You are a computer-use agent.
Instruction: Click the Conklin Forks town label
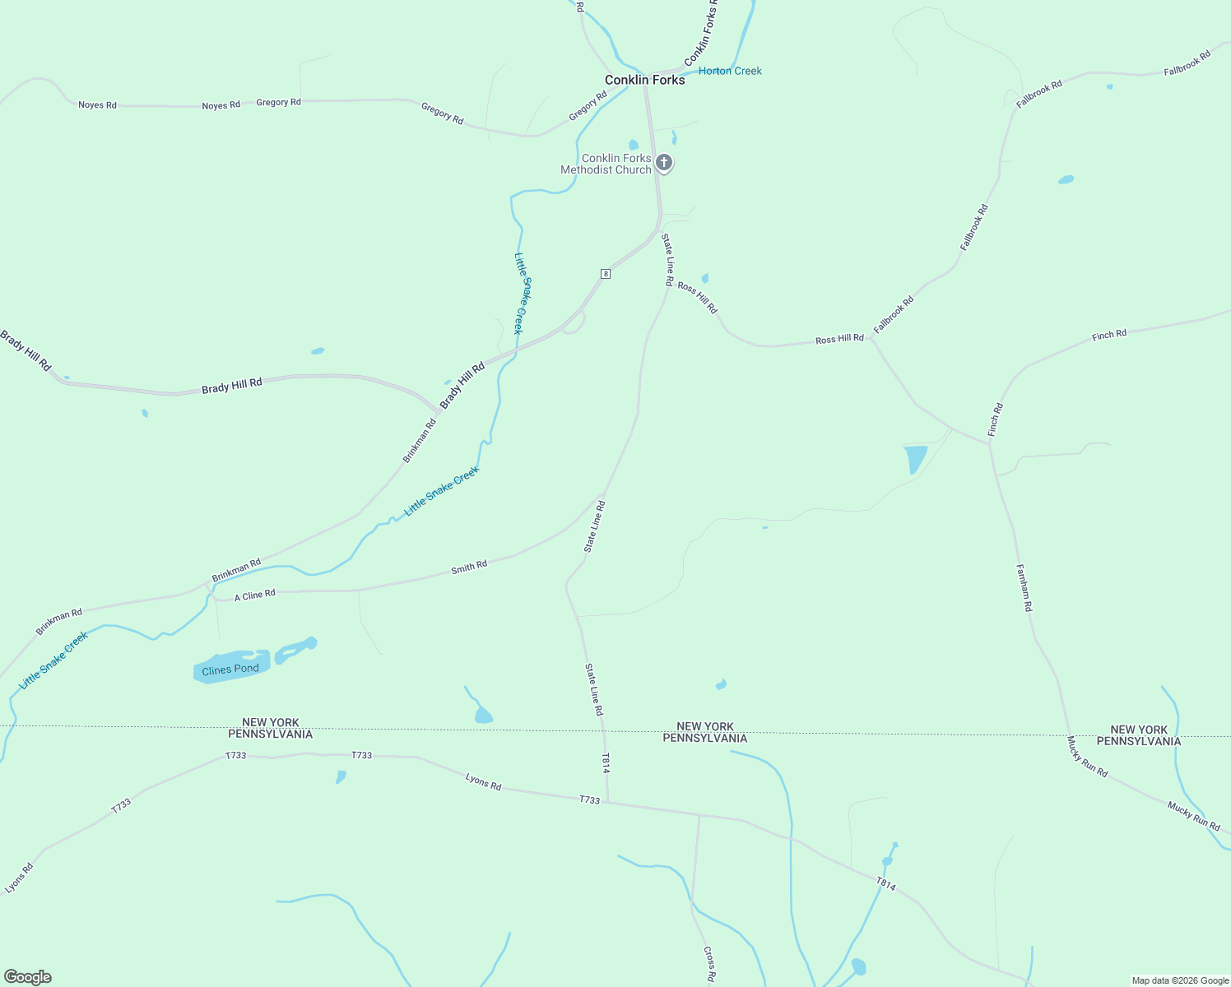[x=644, y=80]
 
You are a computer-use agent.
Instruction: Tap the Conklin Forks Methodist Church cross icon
[x=664, y=163]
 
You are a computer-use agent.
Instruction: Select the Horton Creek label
[x=730, y=71]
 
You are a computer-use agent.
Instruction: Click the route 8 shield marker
[x=606, y=274]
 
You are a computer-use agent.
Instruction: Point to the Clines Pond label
[x=230, y=670]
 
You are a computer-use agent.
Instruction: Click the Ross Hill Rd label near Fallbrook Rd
[x=839, y=339]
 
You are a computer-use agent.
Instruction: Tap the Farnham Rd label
[x=1024, y=587]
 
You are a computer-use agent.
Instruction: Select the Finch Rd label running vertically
[x=996, y=419]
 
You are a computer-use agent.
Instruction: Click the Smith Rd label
[x=469, y=567]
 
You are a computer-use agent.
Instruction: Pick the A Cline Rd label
[x=255, y=595]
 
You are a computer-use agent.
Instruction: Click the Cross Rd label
[x=709, y=964]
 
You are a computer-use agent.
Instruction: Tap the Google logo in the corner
[x=28, y=977]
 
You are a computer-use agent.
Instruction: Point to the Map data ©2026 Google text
[x=1180, y=980]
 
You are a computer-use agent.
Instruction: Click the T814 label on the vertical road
[x=606, y=763]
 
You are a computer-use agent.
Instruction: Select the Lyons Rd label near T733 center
[x=483, y=781]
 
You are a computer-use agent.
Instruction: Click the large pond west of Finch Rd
[x=915, y=458]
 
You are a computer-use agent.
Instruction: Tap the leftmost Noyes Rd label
[x=97, y=105]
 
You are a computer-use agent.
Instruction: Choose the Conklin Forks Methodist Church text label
[x=606, y=164]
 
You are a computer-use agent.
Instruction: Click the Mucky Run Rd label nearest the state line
[x=1088, y=757]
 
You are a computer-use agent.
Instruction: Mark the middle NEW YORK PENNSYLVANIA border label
[x=705, y=732]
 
